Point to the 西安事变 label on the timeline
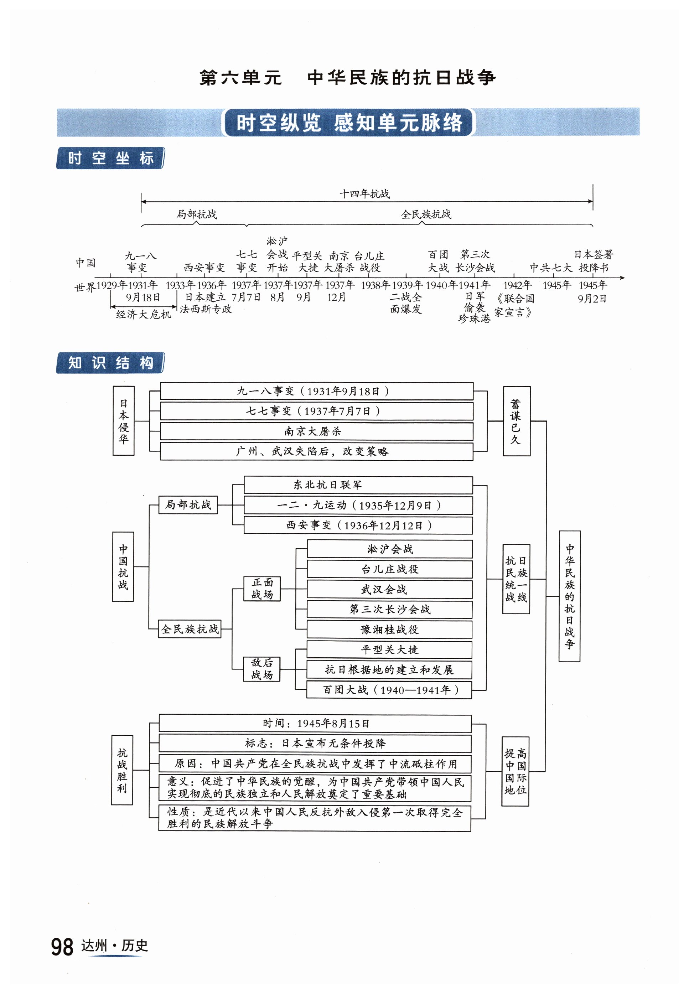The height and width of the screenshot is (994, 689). point(204,268)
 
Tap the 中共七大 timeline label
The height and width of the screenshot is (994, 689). point(550,268)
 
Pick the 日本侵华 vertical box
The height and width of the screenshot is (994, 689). point(124,421)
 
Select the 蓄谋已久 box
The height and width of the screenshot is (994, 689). point(516,421)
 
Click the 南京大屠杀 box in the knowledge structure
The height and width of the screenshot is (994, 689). point(316,431)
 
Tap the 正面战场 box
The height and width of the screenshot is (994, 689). point(262,589)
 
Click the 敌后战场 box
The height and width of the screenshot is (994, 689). point(262,669)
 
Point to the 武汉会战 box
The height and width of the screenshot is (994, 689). point(389,589)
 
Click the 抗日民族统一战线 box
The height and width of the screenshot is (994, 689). point(516,579)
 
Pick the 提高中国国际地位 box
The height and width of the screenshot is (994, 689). point(515,771)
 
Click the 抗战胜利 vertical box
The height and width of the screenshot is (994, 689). point(122,770)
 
